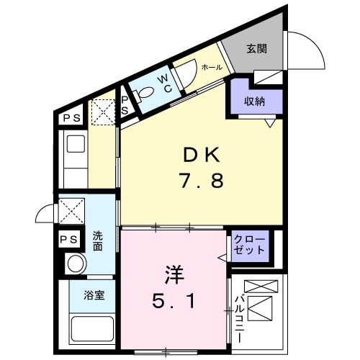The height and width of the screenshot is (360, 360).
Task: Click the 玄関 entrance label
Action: click(x=256, y=49)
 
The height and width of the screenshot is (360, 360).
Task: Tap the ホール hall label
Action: click(x=212, y=67)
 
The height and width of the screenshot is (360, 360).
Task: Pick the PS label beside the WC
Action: click(x=125, y=105)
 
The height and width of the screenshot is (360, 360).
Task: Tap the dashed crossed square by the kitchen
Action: click(x=102, y=112)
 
